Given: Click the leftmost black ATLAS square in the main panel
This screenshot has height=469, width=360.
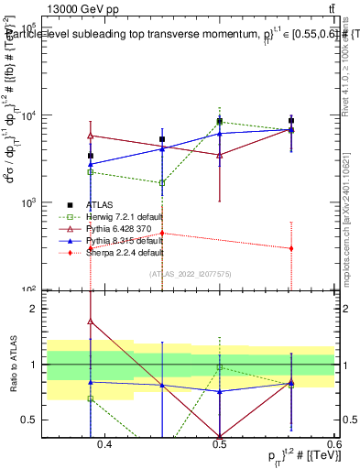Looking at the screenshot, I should [x=90, y=156].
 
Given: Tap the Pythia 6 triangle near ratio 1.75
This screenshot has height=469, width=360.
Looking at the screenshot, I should [x=90, y=322].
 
